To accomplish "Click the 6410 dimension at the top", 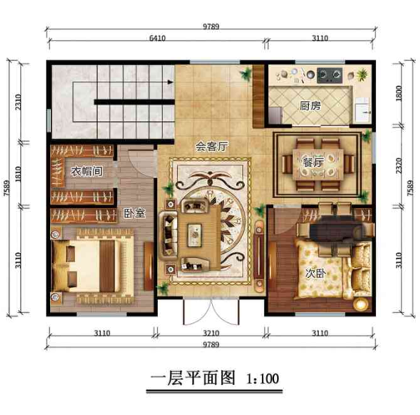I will (157, 40).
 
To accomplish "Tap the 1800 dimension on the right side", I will (399, 90).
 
